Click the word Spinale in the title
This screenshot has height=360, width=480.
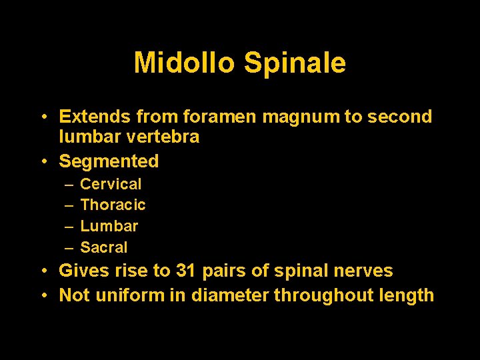click(x=295, y=63)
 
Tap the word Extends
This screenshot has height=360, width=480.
click(x=95, y=117)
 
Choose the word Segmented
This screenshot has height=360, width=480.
click(x=109, y=161)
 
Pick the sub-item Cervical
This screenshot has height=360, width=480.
click(x=111, y=184)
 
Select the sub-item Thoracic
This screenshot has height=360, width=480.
click(x=113, y=205)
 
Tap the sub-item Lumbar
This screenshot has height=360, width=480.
click(x=109, y=227)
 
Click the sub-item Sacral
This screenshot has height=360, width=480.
click(x=103, y=248)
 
